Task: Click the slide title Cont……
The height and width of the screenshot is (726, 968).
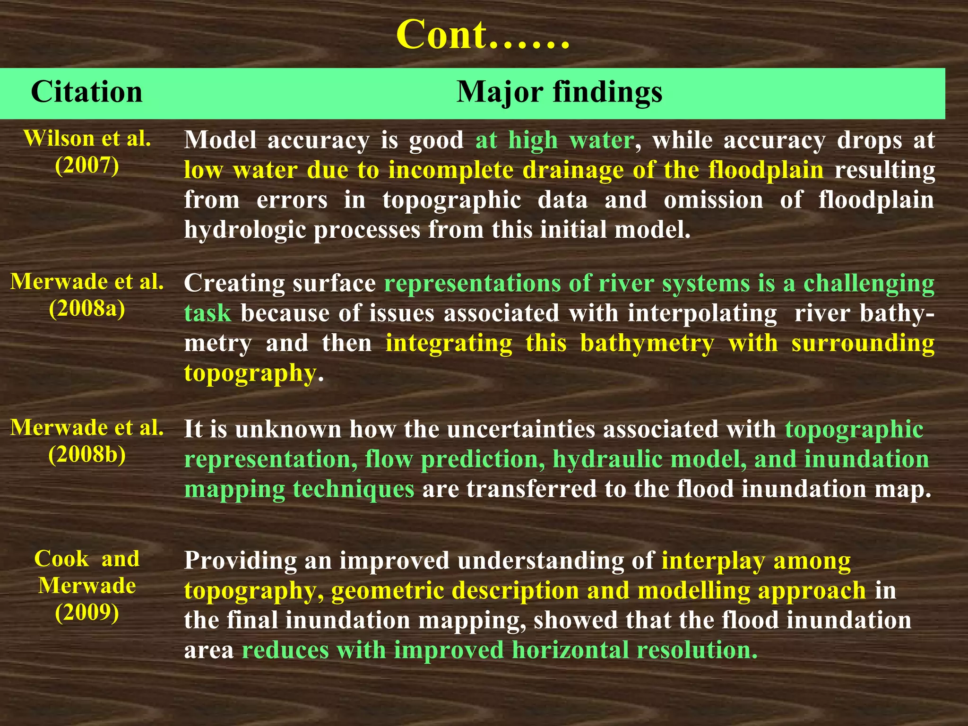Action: click(x=483, y=35)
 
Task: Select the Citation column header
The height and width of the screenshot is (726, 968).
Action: click(x=86, y=92)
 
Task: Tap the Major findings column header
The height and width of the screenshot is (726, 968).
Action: click(x=559, y=92)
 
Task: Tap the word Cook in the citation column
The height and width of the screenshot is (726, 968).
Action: click(x=61, y=559)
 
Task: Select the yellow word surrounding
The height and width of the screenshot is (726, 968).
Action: click(x=863, y=343)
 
